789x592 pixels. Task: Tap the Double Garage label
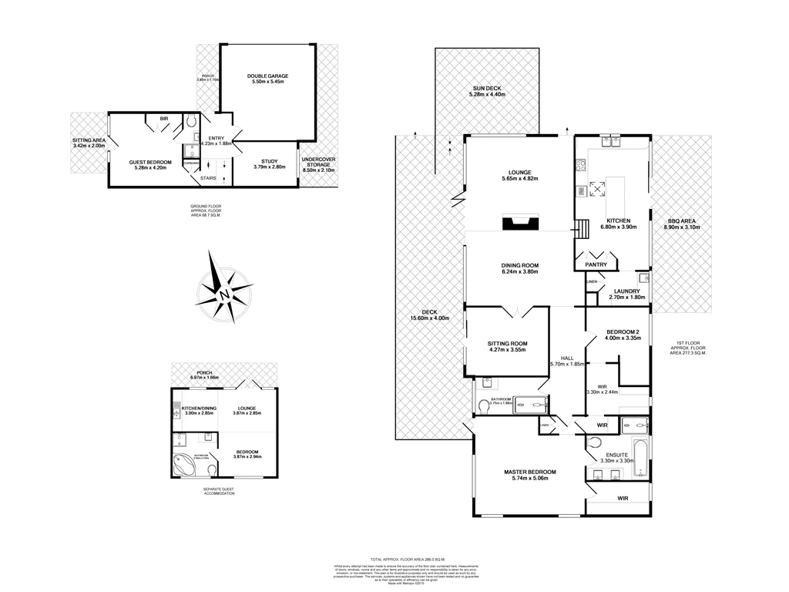tap(267, 79)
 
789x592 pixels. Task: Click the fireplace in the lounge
tap(519, 224)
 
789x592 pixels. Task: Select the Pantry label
tap(596, 265)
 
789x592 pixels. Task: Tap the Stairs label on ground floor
tap(208, 178)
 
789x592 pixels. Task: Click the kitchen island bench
tap(617, 198)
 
